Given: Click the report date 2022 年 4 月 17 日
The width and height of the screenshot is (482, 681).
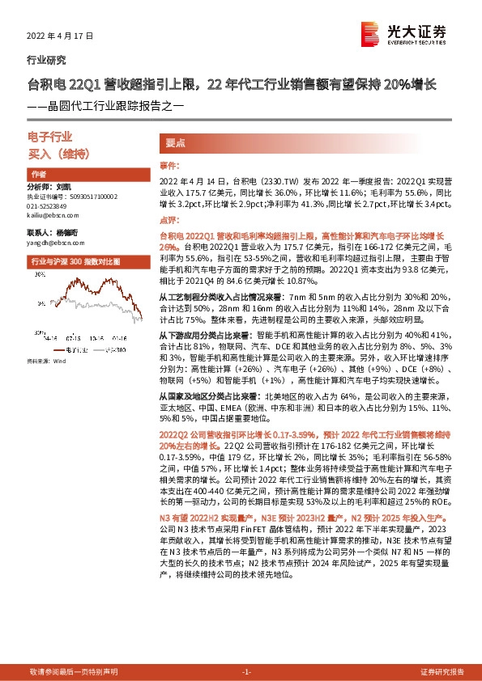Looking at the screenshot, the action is pyautogui.click(x=60, y=36).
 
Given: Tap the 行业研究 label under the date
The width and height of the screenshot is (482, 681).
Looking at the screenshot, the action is pyautogui.click(x=47, y=60).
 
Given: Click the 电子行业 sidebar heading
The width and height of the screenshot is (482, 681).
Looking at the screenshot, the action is pyautogui.click(x=50, y=137).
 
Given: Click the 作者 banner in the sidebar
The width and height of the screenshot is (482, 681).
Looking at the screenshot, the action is pyautogui.click(x=38, y=175).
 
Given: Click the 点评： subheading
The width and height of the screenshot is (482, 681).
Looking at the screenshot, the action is pyautogui.click(x=168, y=219).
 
